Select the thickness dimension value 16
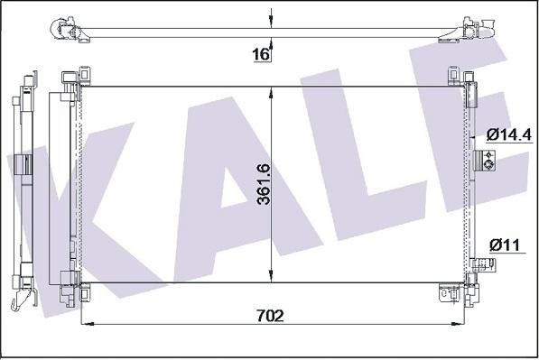pos(260,55)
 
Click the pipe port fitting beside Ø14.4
pos(484,161)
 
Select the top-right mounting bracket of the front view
pos(459,82)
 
